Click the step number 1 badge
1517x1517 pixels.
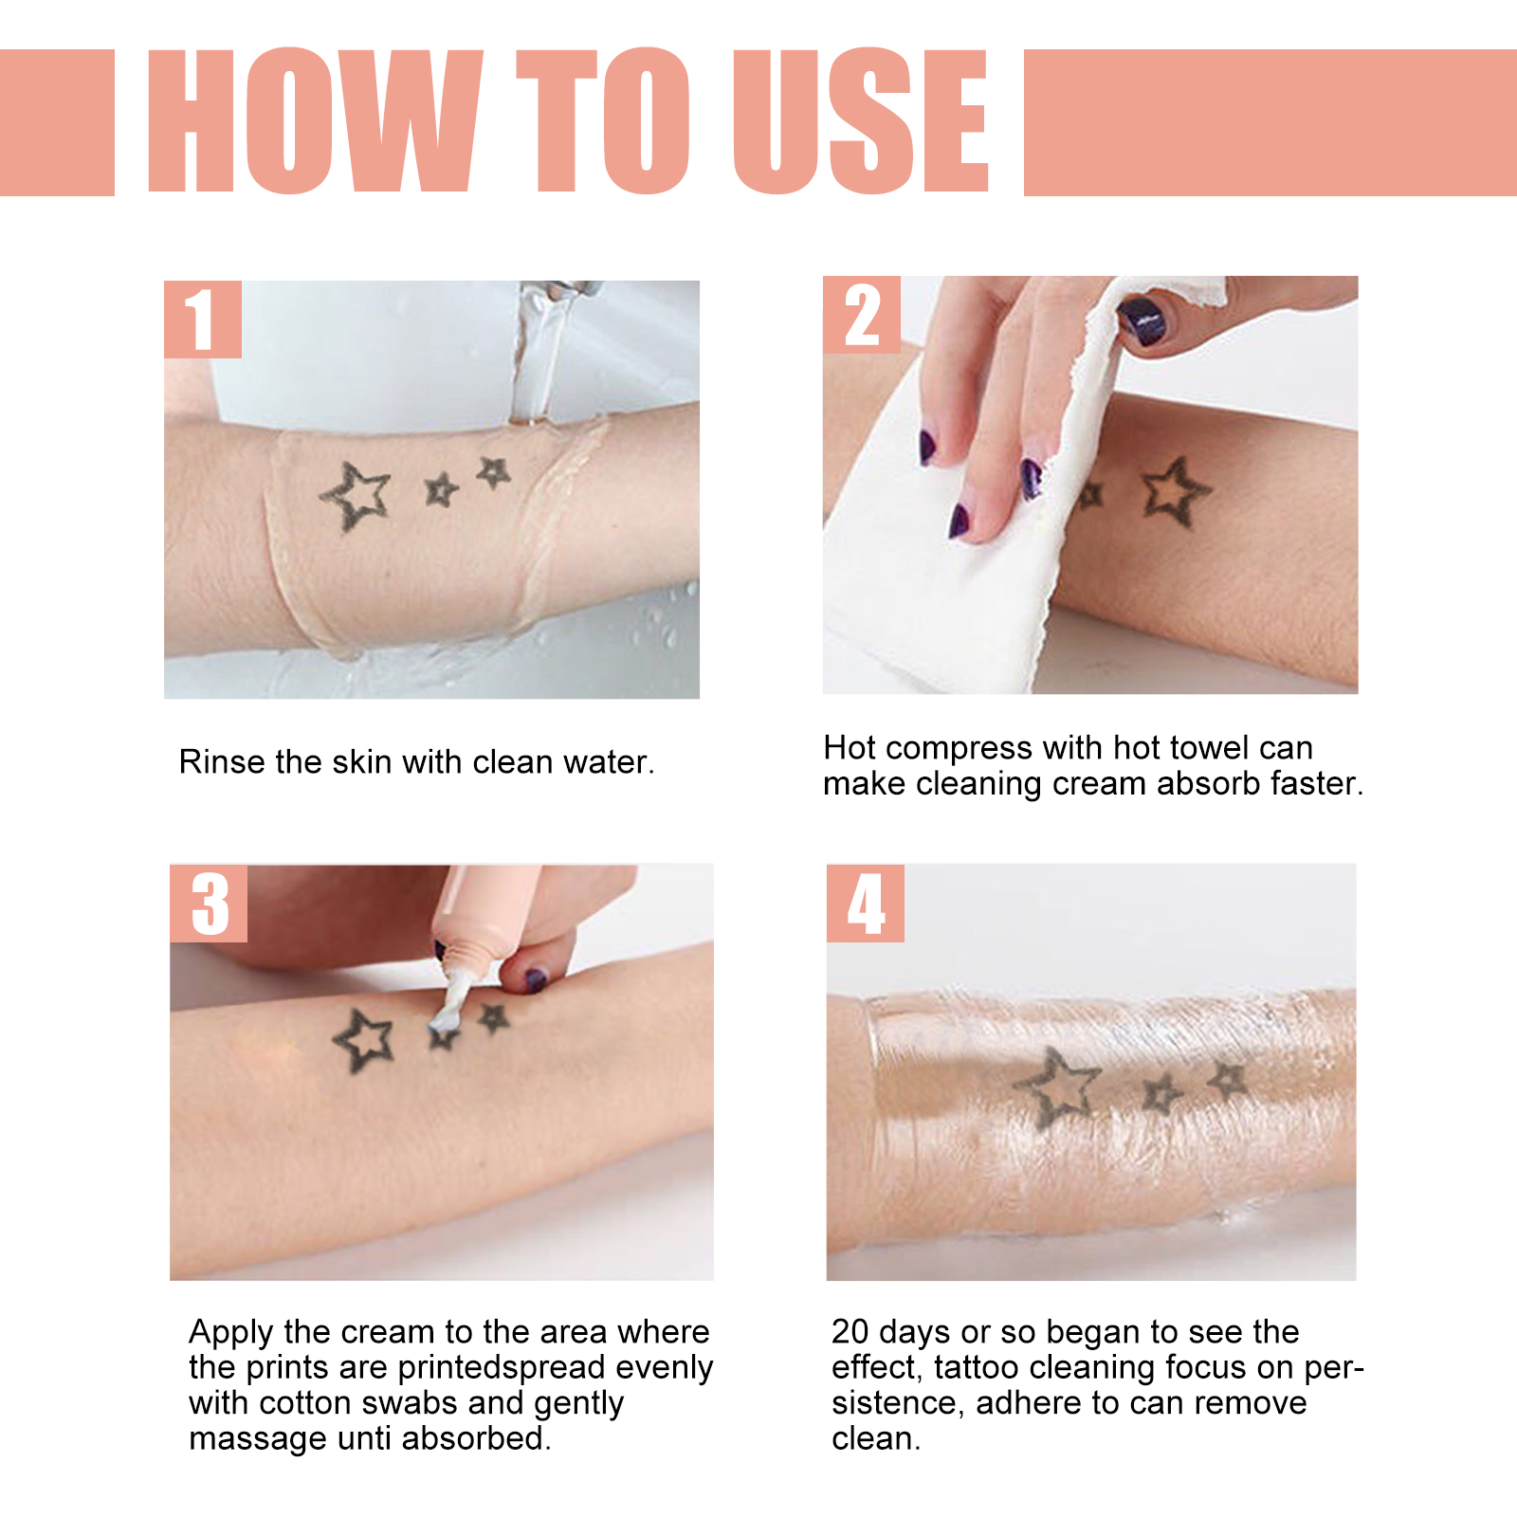[x=202, y=320]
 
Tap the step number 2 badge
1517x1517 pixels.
[x=861, y=315]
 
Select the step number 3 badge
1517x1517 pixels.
[x=209, y=904]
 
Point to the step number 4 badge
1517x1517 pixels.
[x=865, y=904]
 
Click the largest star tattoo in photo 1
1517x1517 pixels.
[x=356, y=496]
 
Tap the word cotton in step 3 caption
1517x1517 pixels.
[x=301, y=1403]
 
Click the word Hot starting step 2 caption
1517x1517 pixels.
[x=850, y=748]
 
